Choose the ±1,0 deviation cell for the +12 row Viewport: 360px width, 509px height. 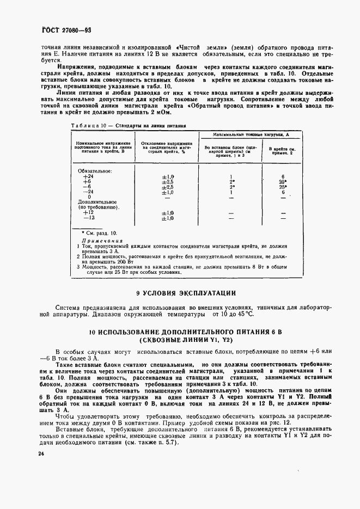click(x=167, y=213)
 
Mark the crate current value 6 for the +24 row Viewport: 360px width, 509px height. click(x=284, y=176)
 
